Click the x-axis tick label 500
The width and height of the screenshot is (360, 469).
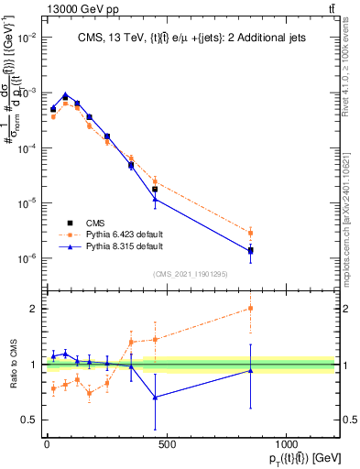pos(166,444)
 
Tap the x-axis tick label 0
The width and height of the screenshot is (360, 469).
pos(47,444)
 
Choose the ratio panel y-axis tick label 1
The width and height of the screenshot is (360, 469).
pos(32,365)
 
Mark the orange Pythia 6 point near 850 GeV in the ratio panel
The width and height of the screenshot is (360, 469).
pos(250,308)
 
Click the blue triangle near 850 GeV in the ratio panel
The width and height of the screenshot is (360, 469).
pos(250,370)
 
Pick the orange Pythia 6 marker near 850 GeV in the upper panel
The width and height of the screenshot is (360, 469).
pos(250,233)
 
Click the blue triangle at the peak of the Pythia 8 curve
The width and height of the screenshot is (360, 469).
pos(65,95)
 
